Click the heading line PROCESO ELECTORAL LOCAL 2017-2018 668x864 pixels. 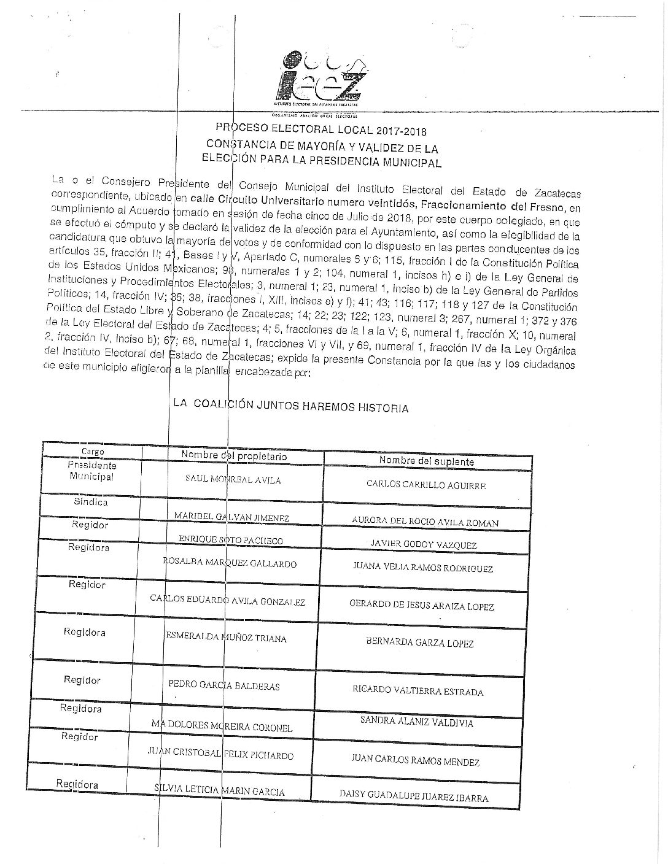coord(320,131)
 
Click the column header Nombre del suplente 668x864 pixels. coord(426,461)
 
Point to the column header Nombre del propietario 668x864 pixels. coord(234,455)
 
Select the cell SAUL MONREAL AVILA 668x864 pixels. coord(233,480)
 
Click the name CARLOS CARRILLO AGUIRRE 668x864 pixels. coord(426,484)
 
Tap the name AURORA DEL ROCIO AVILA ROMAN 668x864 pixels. coord(425,522)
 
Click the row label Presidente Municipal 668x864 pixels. coord(92,471)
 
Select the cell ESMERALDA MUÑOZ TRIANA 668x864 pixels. coord(226,638)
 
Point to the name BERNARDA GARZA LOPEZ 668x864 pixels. coord(420,643)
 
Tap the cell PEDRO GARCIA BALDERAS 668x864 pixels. coord(224,685)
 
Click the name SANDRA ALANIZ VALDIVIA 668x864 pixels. coord(416,722)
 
